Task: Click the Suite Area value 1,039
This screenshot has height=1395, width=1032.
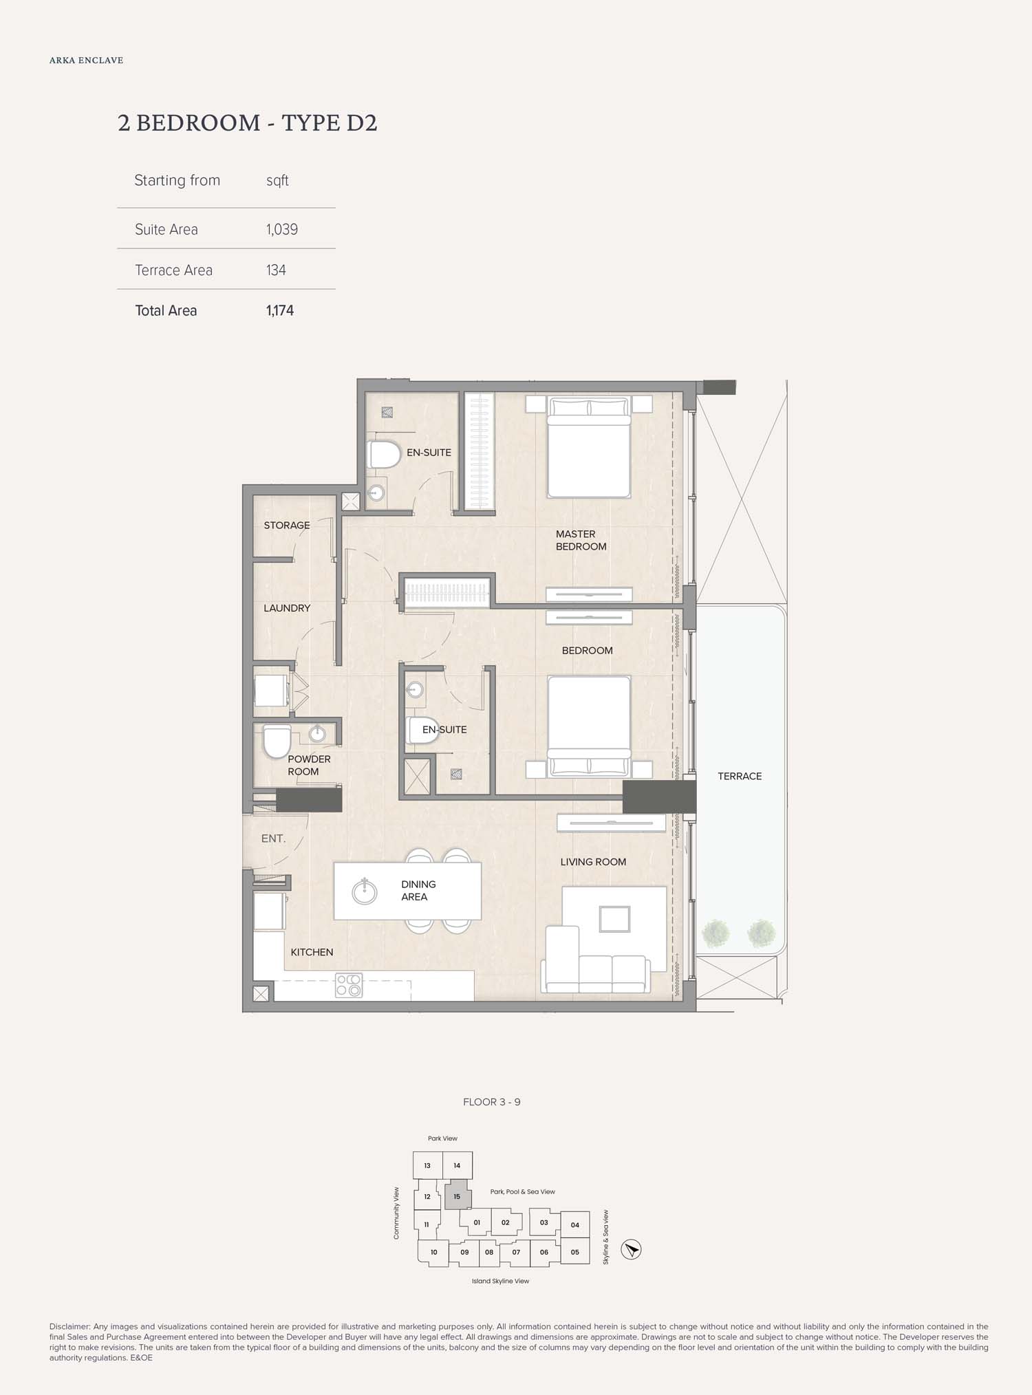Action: click(282, 230)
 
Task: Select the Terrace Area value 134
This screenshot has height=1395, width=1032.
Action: click(276, 270)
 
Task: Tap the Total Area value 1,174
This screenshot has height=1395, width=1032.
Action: click(280, 311)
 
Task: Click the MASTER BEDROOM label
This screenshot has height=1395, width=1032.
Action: click(581, 540)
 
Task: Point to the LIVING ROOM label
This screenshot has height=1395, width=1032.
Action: click(593, 862)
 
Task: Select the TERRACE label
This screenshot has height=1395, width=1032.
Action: click(740, 776)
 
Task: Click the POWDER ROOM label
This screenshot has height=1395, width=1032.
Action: click(309, 765)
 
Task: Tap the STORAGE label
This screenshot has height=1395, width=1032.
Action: click(287, 526)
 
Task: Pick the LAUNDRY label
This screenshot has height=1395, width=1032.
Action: click(287, 608)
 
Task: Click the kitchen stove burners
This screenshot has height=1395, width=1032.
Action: click(349, 985)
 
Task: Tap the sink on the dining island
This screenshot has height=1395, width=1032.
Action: click(364, 891)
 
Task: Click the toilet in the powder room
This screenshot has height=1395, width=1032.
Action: click(277, 742)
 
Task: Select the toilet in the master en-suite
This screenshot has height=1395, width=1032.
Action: click(385, 455)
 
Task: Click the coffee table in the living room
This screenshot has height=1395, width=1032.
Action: click(614, 919)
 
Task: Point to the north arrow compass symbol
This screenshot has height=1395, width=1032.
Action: click(631, 1249)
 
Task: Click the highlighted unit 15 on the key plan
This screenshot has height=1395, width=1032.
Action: click(458, 1196)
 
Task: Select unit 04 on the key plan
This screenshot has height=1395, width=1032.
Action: click(575, 1224)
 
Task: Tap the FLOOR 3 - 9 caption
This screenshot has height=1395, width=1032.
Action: click(492, 1102)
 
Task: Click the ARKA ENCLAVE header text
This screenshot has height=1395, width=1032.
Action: click(87, 61)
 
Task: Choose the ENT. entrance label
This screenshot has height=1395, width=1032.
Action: click(273, 839)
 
